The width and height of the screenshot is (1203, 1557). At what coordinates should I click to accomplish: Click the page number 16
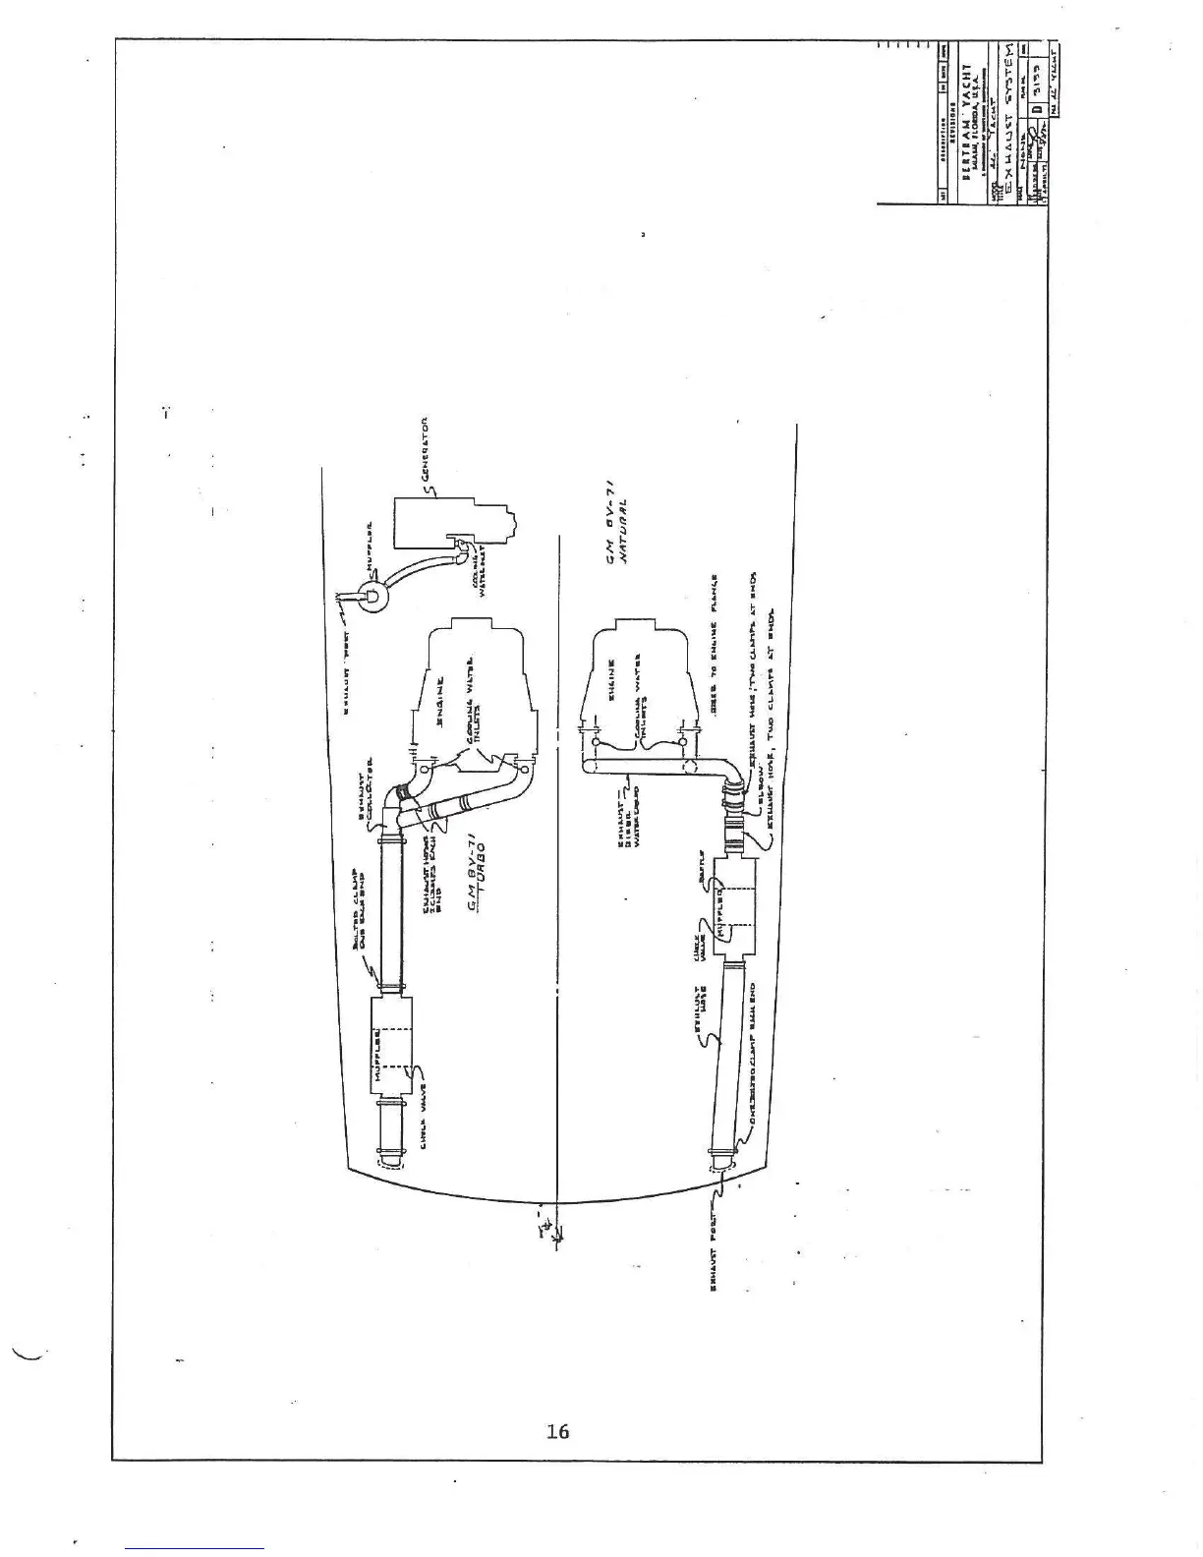point(557,1431)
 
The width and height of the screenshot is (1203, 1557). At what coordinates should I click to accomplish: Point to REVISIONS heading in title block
point(952,127)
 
